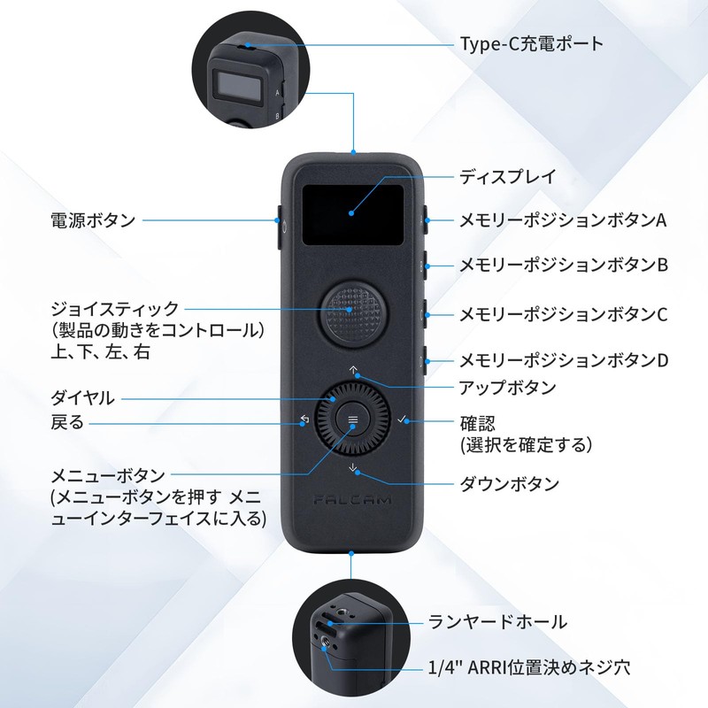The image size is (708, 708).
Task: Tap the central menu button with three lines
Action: click(353, 419)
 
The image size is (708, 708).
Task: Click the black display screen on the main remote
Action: click(352, 215)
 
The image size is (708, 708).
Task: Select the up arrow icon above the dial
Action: click(353, 370)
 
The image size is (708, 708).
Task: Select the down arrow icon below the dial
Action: click(353, 468)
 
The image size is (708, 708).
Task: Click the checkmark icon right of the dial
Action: click(402, 419)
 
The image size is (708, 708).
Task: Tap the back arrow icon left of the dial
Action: click(304, 419)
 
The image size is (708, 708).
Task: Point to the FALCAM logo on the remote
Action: click(352, 500)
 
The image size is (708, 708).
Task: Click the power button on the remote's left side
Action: click(279, 227)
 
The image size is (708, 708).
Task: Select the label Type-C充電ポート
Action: click(532, 44)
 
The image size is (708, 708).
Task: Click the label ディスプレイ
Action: click(507, 176)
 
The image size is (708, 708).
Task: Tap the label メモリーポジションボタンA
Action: click(563, 220)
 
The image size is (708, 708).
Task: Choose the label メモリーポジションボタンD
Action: click(564, 360)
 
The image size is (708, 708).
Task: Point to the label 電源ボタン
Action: click(93, 220)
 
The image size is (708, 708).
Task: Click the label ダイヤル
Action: click(82, 398)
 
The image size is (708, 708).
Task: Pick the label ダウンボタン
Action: click(510, 484)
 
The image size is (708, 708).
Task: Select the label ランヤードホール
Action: click(497, 622)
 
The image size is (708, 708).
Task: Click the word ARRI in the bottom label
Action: click(487, 667)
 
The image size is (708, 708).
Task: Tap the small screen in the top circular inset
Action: click(239, 84)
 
